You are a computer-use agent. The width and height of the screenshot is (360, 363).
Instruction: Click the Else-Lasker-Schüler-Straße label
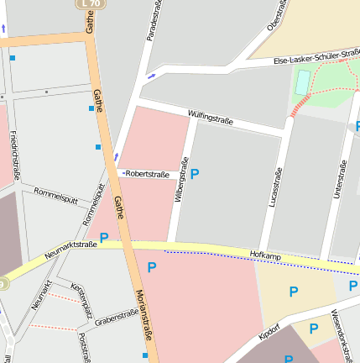318,57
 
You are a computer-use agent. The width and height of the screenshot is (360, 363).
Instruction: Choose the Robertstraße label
147,175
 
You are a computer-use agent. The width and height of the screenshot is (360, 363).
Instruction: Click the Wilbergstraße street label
180,180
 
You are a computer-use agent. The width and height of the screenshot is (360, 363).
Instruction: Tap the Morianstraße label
143,314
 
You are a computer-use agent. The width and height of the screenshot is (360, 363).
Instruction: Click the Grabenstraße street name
116,317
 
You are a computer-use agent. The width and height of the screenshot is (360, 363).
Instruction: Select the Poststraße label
83,345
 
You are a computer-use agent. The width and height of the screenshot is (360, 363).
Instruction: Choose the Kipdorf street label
269,329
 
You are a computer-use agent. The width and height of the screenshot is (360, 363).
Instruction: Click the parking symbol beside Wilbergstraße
195,174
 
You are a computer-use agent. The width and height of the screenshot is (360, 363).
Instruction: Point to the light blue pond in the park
301,82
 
